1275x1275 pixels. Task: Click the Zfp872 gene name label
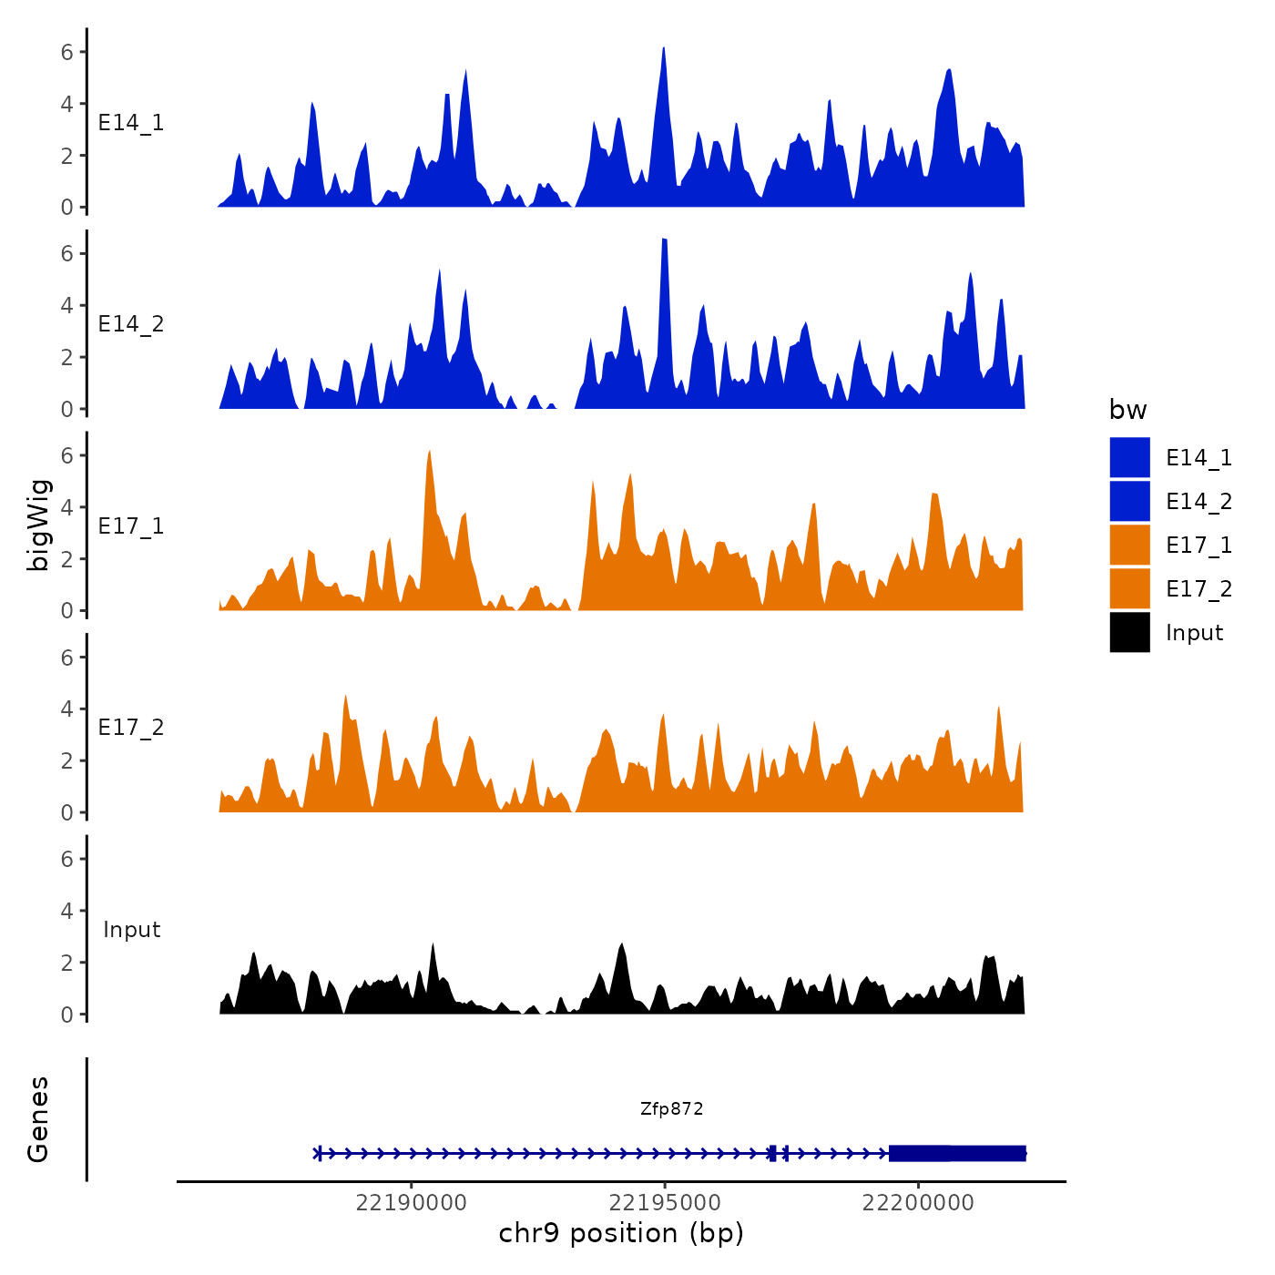pyautogui.click(x=671, y=1108)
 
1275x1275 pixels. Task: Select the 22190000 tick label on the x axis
pyautogui.click(x=412, y=1202)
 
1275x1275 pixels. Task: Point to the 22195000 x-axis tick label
pyautogui.click(x=665, y=1202)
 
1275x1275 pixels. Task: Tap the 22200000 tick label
pyautogui.click(x=918, y=1202)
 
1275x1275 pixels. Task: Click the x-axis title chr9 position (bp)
pyautogui.click(x=621, y=1233)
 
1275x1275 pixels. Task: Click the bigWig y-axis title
pyautogui.click(x=39, y=525)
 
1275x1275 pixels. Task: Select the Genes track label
pyautogui.click(x=38, y=1119)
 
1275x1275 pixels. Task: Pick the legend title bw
pyautogui.click(x=1127, y=410)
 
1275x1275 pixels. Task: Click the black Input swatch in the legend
pyautogui.click(x=1129, y=632)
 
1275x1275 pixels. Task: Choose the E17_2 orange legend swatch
pyautogui.click(x=1129, y=588)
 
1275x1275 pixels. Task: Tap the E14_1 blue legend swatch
pyautogui.click(x=1129, y=457)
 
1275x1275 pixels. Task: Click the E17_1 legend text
pyautogui.click(x=1198, y=545)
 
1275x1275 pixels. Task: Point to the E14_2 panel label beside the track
pyautogui.click(x=131, y=324)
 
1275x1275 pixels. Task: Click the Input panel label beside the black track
pyautogui.click(x=131, y=929)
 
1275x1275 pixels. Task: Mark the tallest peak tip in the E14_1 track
pyautogui.click(x=664, y=48)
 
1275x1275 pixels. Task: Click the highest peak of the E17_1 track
pyautogui.click(x=429, y=452)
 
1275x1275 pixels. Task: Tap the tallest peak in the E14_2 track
pyautogui.click(x=665, y=240)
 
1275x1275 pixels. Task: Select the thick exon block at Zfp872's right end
pyautogui.click(x=957, y=1153)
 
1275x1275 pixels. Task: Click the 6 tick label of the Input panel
pyautogui.click(x=66, y=859)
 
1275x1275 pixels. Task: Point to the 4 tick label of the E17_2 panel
pyautogui.click(x=66, y=709)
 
